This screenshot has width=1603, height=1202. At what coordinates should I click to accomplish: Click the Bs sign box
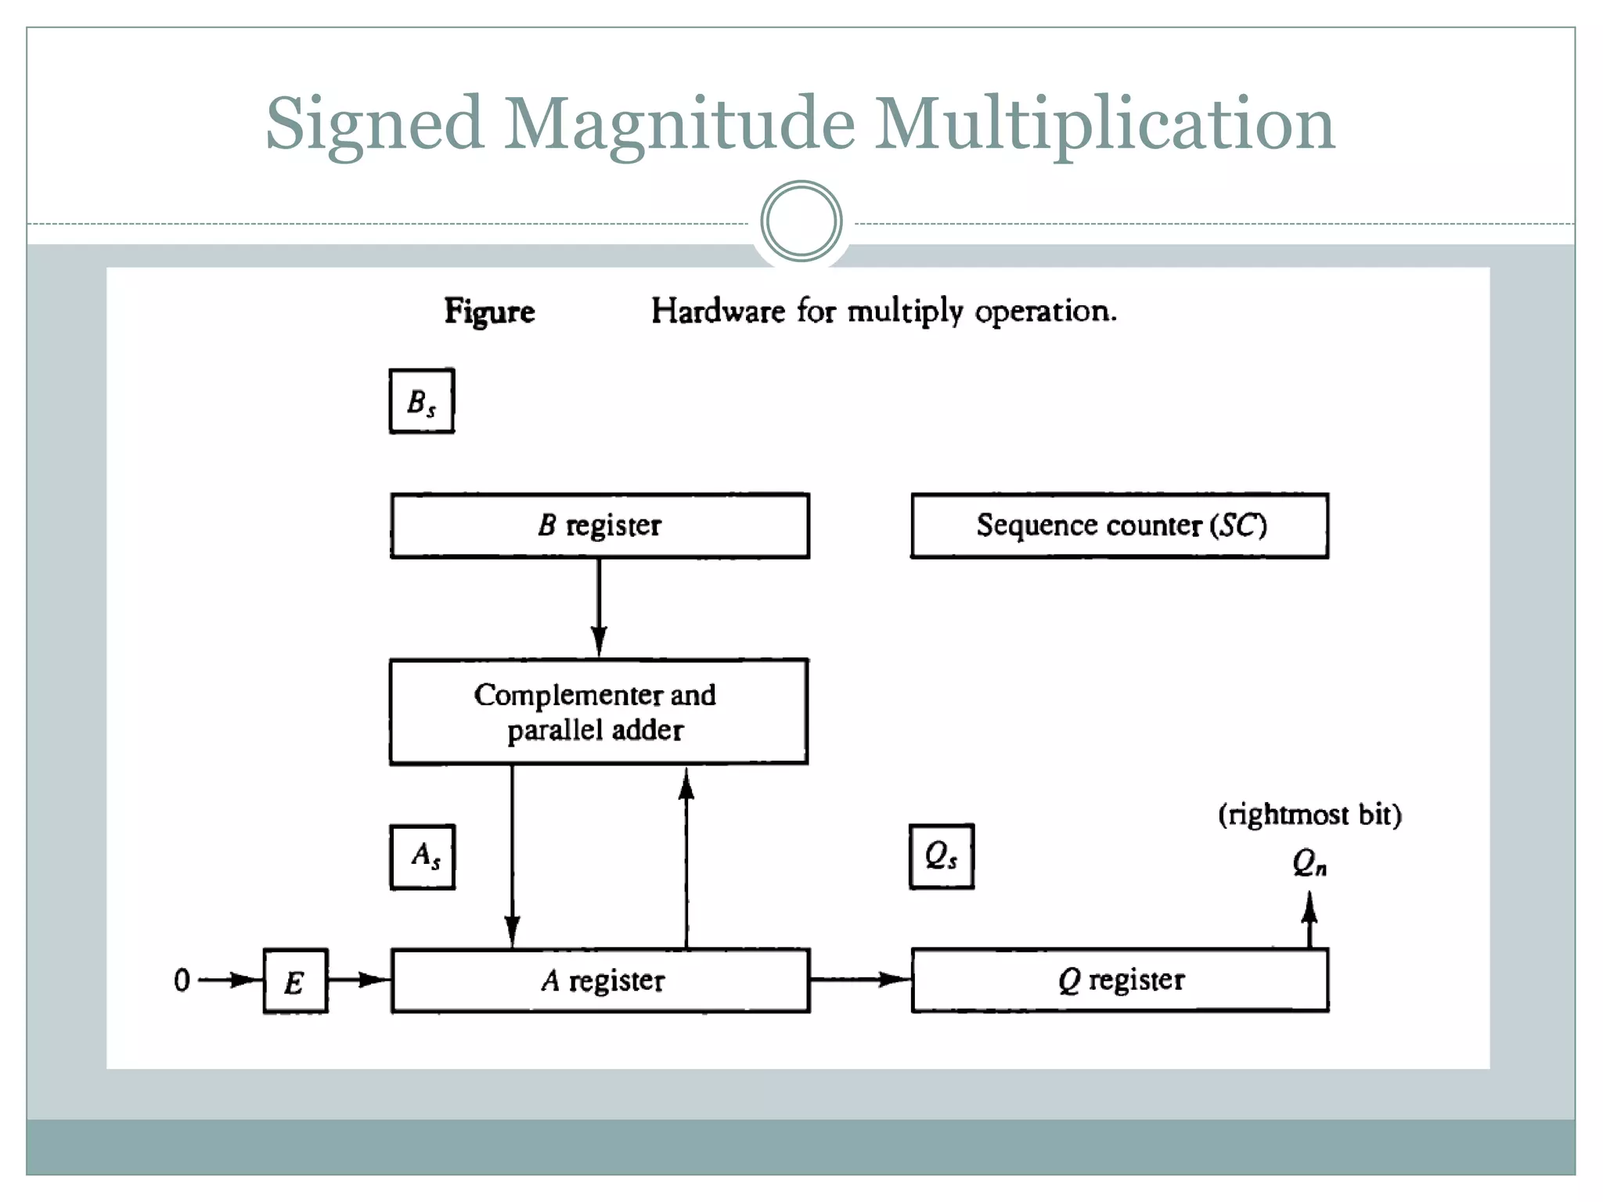click(421, 401)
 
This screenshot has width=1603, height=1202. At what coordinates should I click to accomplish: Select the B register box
click(600, 525)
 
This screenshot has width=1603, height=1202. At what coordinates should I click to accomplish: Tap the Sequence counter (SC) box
click(1119, 525)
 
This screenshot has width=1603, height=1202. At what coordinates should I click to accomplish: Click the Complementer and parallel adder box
click(598, 711)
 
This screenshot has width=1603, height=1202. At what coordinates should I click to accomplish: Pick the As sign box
click(423, 857)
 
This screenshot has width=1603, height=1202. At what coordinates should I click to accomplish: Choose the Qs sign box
click(941, 856)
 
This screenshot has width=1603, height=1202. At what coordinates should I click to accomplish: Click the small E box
click(295, 981)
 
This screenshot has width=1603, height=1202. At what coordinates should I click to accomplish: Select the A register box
click(600, 981)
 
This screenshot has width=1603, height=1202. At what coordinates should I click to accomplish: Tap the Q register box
click(1119, 980)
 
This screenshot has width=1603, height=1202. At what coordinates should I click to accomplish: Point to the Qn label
click(1309, 863)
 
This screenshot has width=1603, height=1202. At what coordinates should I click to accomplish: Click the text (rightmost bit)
click(1309, 815)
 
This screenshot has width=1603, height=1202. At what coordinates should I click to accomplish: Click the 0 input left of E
click(182, 980)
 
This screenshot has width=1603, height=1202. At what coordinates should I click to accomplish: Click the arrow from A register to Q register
click(859, 979)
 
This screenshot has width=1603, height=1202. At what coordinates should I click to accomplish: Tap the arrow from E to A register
click(358, 980)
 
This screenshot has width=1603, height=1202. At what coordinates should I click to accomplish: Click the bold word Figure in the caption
click(489, 311)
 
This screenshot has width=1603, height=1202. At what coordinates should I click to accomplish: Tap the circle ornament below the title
click(801, 221)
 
